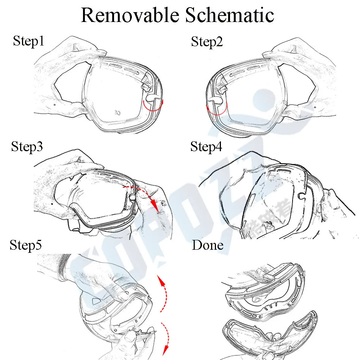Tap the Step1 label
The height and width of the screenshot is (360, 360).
(28, 41)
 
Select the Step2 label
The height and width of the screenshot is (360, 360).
(207, 42)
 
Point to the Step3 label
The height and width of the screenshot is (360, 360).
(27, 146)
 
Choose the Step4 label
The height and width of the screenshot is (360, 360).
(206, 146)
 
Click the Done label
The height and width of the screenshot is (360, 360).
(208, 245)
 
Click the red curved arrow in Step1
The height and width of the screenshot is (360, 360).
(153, 108)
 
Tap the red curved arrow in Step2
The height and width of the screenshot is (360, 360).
(216, 109)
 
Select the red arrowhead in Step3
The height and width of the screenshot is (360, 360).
(155, 207)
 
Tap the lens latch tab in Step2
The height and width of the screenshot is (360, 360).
(215, 100)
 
